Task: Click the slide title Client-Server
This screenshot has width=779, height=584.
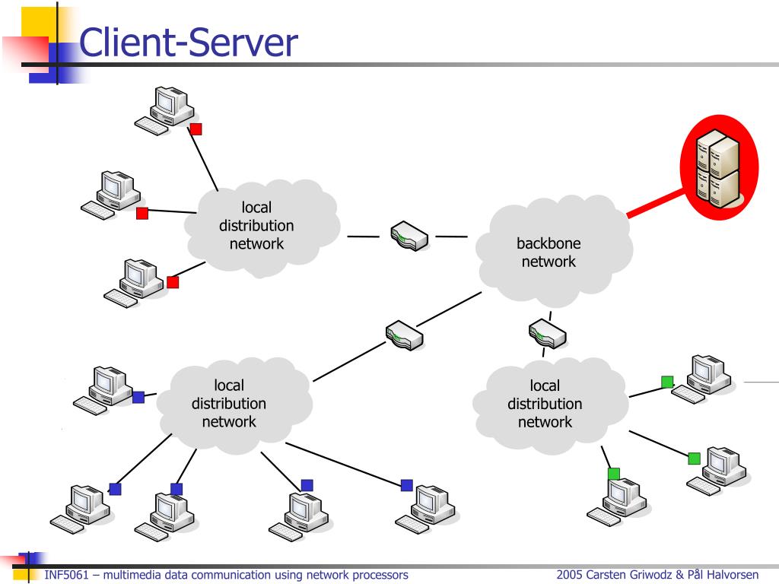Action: (189, 43)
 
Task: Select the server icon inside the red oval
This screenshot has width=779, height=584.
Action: (718, 167)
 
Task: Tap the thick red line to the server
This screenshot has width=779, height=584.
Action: (655, 203)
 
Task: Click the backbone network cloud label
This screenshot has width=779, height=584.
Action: (548, 252)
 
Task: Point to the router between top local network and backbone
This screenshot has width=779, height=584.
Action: (409, 236)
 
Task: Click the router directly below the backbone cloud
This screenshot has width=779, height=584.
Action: (548, 334)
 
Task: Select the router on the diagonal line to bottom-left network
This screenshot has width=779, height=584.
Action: (405, 335)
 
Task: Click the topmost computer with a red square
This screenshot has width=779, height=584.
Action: (164, 110)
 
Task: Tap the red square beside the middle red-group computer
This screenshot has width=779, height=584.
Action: (142, 214)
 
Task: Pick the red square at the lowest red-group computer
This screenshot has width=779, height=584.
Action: (173, 282)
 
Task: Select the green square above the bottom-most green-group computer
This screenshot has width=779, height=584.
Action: (614, 474)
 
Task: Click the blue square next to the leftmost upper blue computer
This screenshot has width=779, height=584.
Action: (138, 397)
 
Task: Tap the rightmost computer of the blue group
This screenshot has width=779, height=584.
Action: (425, 509)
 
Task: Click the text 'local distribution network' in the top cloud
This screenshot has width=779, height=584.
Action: (256, 225)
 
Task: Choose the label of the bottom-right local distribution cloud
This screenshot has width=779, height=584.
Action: (545, 404)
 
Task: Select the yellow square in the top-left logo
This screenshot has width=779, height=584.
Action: (39, 22)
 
